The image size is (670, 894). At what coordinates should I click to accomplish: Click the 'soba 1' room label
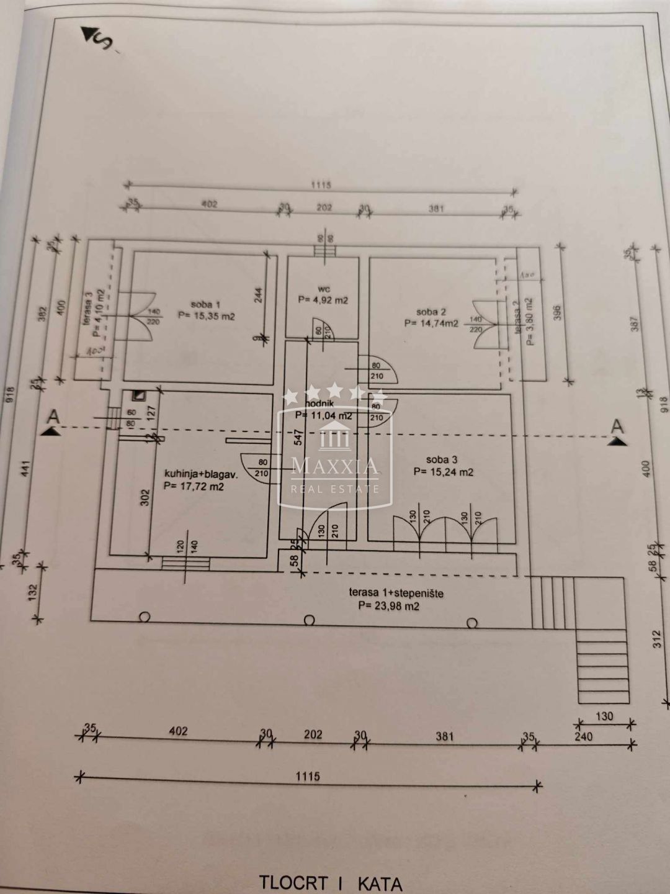pos(205,304)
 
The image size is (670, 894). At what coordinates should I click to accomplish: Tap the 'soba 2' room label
pos(431,312)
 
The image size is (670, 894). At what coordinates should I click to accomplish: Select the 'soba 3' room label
pos(442,459)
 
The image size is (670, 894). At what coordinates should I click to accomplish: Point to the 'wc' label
pos(323,289)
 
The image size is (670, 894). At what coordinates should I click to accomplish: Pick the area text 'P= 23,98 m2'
pos(388,606)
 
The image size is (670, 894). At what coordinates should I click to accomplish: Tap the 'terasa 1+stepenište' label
pos(396,594)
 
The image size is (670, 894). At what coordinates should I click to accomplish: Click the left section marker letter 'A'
pos(54,417)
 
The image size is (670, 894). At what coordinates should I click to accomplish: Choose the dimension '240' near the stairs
pos(583,737)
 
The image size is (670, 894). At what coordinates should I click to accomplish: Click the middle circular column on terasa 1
pos(309,620)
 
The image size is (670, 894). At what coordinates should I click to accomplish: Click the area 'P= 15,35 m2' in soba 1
pos(206,315)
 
